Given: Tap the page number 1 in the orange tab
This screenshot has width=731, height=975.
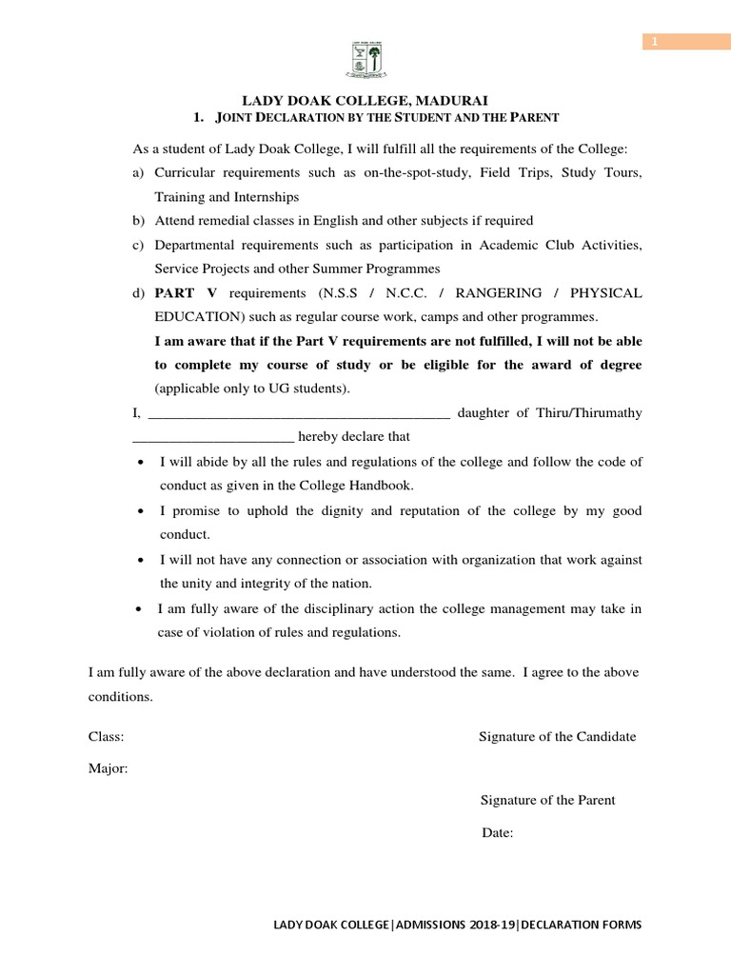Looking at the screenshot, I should pyautogui.click(x=656, y=41).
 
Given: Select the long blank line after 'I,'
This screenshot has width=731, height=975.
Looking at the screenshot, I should pyautogui.click(x=301, y=413).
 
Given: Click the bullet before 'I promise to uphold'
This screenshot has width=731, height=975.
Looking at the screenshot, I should pyautogui.click(x=141, y=511).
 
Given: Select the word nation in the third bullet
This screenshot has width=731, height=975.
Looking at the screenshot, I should pyautogui.click(x=348, y=583).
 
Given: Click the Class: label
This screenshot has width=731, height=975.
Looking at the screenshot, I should pyautogui.click(x=107, y=737).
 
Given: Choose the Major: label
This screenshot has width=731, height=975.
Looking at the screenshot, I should pyautogui.click(x=109, y=769).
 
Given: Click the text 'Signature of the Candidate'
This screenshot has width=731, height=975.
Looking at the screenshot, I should pyautogui.click(x=558, y=737).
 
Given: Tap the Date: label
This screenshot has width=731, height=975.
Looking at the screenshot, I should pyautogui.click(x=498, y=833).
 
